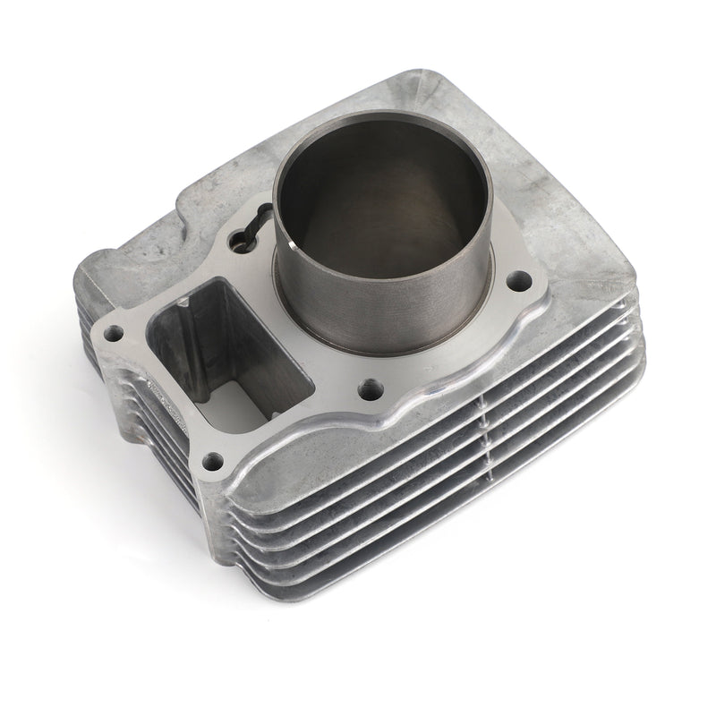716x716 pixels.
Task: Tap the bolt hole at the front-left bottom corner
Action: point(212,462)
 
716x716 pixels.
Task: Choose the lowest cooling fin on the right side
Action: point(447,555)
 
